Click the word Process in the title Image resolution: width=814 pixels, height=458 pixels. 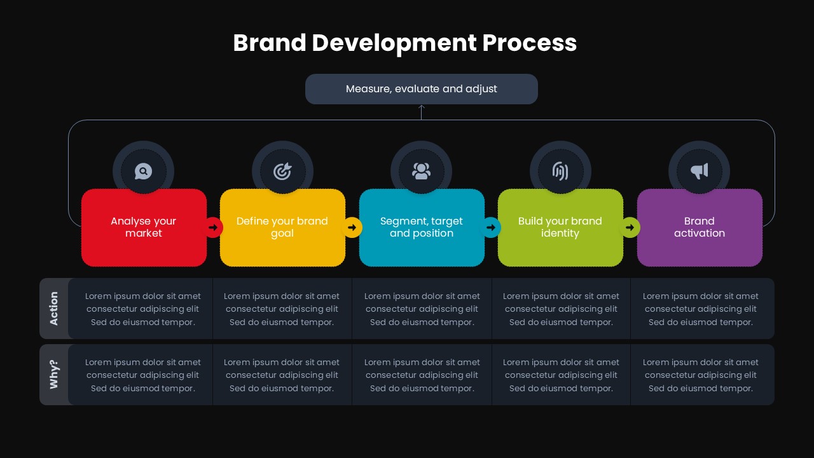click(x=529, y=43)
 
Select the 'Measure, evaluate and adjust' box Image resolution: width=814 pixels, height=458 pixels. click(x=421, y=89)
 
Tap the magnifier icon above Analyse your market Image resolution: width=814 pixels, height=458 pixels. click(x=143, y=171)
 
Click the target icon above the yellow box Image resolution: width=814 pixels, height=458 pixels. click(x=282, y=171)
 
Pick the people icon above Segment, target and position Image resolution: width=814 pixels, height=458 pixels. click(x=421, y=171)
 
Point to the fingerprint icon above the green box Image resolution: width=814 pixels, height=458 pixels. click(x=560, y=171)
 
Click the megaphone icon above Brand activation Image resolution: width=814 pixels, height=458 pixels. click(x=699, y=171)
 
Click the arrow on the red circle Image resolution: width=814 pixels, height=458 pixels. click(x=213, y=227)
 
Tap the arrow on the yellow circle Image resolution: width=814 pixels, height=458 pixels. click(x=352, y=227)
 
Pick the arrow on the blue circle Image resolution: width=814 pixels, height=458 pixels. click(x=491, y=227)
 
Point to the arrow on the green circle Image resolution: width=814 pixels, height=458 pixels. click(x=630, y=227)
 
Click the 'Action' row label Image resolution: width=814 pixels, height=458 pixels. click(x=54, y=309)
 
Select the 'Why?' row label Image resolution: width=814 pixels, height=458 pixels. click(x=54, y=375)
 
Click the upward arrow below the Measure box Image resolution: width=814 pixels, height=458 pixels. click(x=421, y=111)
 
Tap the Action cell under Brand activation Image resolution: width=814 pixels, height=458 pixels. click(x=700, y=309)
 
